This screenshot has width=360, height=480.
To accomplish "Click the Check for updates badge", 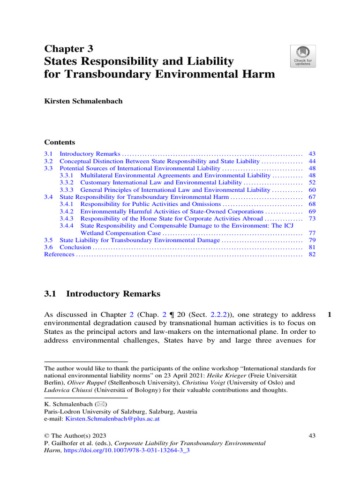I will click(x=303, y=56).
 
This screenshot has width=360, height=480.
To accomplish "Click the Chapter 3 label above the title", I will click(x=68, y=49).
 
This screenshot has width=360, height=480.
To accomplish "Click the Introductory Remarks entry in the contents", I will click(x=90, y=154).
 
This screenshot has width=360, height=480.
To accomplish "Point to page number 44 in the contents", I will click(x=312, y=161).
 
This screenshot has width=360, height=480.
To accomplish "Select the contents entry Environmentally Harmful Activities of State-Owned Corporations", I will click(x=172, y=211).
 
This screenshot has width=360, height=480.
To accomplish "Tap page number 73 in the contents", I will click(x=312, y=218).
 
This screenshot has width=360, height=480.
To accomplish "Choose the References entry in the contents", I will click(x=59, y=254).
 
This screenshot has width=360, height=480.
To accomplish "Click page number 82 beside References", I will click(x=312, y=254).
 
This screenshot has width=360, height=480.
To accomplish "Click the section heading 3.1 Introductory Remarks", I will click(x=102, y=294).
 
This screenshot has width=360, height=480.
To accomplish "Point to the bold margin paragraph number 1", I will click(x=330, y=315).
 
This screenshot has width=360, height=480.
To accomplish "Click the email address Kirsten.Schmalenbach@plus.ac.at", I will click(x=112, y=419).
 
